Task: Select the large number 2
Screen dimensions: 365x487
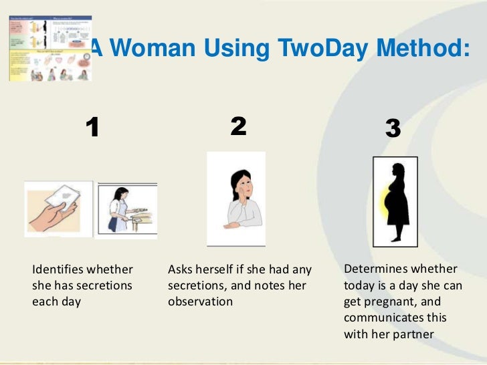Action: click(x=238, y=126)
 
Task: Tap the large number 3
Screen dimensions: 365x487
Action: click(x=393, y=129)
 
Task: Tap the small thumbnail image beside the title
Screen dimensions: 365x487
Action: click(x=50, y=49)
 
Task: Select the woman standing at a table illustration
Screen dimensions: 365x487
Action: click(x=126, y=209)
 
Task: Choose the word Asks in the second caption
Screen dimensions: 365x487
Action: click(x=181, y=270)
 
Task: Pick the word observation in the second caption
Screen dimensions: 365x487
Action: click(x=200, y=301)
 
